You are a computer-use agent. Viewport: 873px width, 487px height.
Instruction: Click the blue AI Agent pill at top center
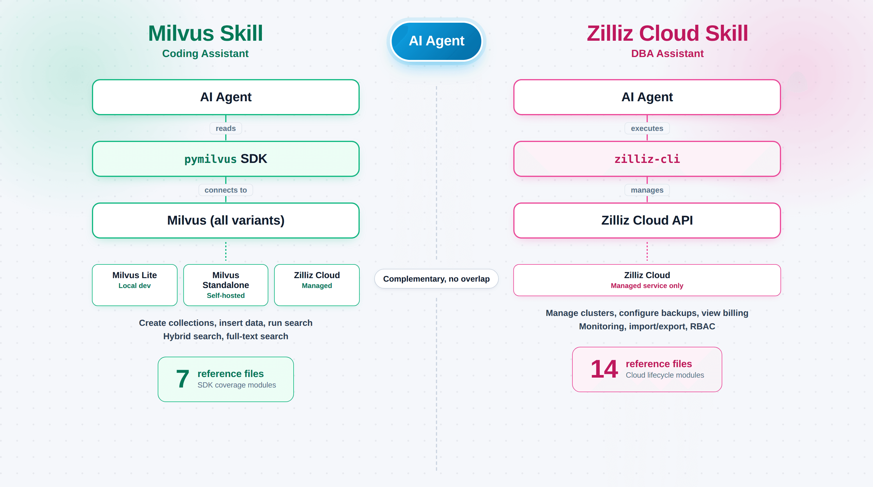point(436,41)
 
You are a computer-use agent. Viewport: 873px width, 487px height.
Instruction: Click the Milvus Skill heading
point(205,33)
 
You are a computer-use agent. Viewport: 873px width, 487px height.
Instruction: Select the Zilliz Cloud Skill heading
point(667,33)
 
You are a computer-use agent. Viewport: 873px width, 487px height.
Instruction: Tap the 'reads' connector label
point(226,129)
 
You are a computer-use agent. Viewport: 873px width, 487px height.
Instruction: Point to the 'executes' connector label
point(647,129)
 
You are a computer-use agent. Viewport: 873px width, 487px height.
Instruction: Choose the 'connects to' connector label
point(226,190)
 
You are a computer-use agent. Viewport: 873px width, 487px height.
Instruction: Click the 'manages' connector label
point(647,190)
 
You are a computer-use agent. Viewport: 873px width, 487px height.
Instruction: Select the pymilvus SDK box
point(226,159)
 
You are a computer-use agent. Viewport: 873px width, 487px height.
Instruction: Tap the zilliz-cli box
point(647,159)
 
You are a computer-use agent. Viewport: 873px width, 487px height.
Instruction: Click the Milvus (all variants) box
point(226,221)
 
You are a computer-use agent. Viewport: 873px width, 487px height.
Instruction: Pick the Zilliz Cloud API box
point(647,221)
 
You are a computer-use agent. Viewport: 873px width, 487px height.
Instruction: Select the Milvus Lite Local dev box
point(134,285)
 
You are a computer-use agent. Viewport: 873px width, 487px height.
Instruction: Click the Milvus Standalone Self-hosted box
point(226,285)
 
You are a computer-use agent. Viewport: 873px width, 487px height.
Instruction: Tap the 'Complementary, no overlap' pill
point(436,279)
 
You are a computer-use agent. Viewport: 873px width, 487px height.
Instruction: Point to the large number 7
point(182,379)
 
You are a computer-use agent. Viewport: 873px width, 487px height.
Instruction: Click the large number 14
point(604,369)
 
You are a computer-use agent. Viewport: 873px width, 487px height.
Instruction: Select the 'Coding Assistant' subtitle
point(205,54)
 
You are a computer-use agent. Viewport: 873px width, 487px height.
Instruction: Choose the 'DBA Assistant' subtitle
point(667,54)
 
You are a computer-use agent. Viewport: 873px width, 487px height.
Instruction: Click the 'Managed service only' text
point(647,286)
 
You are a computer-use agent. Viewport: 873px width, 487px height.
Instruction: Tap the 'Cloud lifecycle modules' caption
point(665,375)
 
